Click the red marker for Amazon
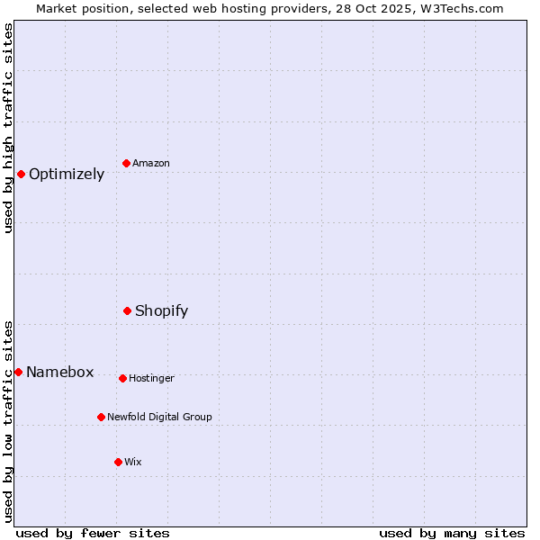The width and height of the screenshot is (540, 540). (126, 163)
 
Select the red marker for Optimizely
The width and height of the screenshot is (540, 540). (21, 174)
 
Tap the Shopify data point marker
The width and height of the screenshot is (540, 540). (127, 310)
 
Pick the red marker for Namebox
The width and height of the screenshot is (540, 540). (18, 372)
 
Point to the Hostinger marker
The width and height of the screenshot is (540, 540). (122, 378)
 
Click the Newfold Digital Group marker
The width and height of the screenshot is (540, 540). (101, 417)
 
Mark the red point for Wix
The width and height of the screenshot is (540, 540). (118, 462)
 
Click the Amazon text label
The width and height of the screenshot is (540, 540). (151, 163)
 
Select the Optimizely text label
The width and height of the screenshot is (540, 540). (67, 175)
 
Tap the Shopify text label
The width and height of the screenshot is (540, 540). (162, 311)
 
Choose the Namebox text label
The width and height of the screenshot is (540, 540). (60, 373)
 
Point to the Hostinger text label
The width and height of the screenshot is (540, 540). (151, 378)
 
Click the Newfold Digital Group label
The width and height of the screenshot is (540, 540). (160, 417)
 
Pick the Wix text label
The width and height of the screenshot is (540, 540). (133, 462)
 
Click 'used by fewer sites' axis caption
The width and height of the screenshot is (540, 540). (93, 533)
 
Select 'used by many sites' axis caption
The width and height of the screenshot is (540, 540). (452, 533)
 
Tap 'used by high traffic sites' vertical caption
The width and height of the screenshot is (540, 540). (8, 128)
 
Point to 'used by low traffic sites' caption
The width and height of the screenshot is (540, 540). (8, 421)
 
